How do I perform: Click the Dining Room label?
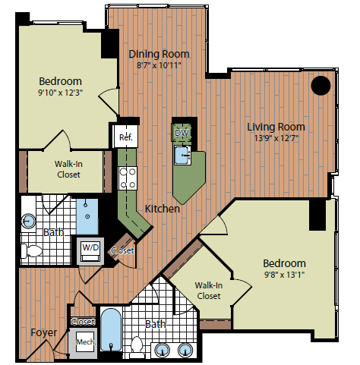point(159,54)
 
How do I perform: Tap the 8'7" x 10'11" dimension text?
point(159,66)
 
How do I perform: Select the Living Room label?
point(276,127)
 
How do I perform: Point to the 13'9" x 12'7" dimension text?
point(276,139)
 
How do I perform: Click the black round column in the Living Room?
point(321,85)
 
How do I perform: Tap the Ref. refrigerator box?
point(125,137)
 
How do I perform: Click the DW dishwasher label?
point(181,134)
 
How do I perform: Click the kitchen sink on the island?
point(183,156)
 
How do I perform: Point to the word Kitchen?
point(162,209)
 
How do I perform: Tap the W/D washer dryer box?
point(90,248)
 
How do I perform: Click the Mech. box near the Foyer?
point(84,343)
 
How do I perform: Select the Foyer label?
point(43,333)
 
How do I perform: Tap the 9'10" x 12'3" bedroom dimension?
point(61,93)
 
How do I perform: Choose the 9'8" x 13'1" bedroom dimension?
point(285,275)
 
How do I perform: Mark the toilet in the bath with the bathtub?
point(137,346)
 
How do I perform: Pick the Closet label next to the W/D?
point(122,251)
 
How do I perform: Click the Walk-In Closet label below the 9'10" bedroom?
point(67,168)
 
